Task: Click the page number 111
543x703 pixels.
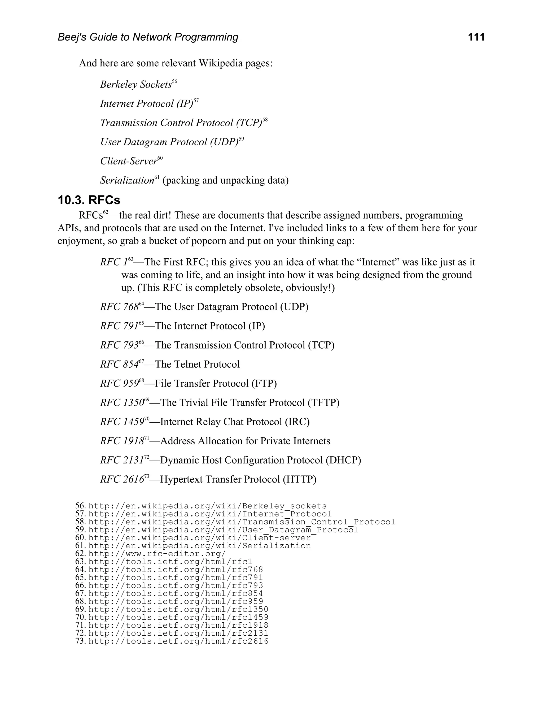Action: [476, 37]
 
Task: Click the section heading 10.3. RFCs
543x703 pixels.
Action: [89, 200]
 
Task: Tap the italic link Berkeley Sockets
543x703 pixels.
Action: [136, 84]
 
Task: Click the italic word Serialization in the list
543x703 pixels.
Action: [127, 180]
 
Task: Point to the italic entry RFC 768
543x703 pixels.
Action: [119, 307]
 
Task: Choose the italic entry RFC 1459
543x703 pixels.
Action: [122, 422]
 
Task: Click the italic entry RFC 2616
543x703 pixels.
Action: [122, 479]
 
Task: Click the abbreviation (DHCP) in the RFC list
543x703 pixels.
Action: [343, 460]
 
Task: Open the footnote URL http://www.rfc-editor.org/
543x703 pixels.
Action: [157, 554]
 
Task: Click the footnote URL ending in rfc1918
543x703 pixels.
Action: [178, 625]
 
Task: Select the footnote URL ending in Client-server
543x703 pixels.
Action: [199, 538]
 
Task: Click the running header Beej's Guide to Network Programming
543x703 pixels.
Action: [148, 37]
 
